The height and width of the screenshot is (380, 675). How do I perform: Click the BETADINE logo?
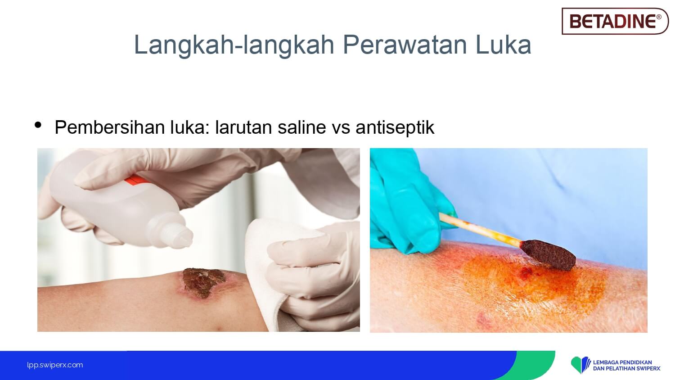coord(615,21)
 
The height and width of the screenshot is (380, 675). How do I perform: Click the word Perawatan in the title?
coord(405,45)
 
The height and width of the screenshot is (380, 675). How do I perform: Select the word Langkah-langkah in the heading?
coord(234,45)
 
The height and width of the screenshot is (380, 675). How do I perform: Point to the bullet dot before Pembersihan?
coord(38,125)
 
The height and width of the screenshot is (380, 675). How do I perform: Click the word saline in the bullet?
coord(301,127)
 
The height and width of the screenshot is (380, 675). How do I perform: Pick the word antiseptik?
coord(395,127)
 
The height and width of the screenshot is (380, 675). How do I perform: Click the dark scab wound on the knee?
coord(204,282)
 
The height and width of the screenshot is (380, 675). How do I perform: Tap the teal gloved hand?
coord(407,205)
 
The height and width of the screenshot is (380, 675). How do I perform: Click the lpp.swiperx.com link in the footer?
coord(55,365)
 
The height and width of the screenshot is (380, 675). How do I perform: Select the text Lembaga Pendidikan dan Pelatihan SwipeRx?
coord(626,365)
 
